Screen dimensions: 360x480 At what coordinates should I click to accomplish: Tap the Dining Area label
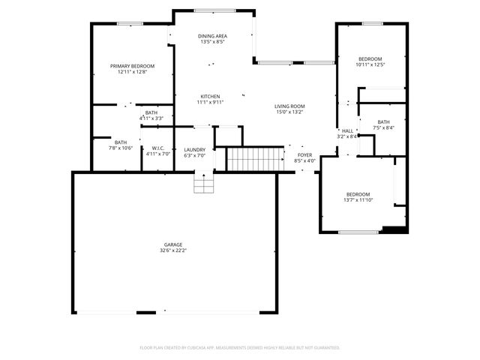[x=212, y=36]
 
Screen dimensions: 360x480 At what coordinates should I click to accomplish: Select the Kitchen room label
[x=209, y=96]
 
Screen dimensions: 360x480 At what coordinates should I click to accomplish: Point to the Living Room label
[x=289, y=106]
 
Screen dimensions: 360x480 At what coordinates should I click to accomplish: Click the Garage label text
[x=173, y=244]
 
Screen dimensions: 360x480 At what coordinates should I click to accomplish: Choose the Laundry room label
[x=195, y=150]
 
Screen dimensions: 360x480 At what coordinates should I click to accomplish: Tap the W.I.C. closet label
[x=158, y=148]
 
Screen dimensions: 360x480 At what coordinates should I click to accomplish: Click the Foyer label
[x=304, y=154]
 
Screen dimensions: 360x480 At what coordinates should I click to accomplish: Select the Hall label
[x=347, y=130]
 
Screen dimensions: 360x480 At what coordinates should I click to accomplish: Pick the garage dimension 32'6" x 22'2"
[x=173, y=250]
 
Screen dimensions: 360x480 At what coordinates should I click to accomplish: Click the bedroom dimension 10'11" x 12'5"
[x=370, y=64]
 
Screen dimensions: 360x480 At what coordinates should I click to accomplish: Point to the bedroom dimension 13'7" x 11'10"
[x=357, y=200]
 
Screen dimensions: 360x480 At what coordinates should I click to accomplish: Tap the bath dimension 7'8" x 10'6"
[x=121, y=148]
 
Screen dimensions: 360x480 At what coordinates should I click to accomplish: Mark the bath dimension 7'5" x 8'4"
[x=383, y=127]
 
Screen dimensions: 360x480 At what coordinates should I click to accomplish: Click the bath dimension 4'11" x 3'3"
[x=151, y=118]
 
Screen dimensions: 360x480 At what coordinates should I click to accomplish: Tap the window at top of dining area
[x=212, y=10]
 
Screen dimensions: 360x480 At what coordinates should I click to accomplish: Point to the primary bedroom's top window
[x=129, y=24]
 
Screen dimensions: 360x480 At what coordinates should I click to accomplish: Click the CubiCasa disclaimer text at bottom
[x=240, y=347]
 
